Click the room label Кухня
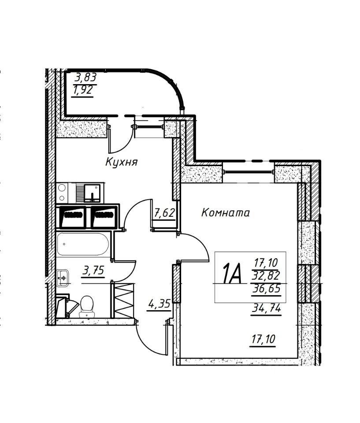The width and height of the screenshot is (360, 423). [122, 162]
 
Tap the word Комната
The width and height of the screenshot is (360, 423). [225, 213]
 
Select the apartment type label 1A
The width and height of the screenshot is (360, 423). [231, 273]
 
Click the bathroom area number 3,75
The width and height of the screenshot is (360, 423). [93, 270]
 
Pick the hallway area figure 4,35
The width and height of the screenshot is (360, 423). [160, 304]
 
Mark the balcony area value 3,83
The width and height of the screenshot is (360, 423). [85, 78]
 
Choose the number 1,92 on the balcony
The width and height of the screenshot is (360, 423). [83, 90]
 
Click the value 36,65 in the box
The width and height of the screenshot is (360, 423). [266, 289]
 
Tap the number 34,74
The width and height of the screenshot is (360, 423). [266, 308]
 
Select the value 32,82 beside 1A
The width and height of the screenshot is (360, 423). [266, 275]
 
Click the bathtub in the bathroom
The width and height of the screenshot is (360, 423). [83, 244]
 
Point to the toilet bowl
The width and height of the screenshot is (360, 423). [87, 306]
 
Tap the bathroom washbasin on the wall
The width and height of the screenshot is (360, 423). [63, 278]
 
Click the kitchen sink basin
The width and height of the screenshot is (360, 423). [92, 193]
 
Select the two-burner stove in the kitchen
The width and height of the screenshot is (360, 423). [62, 193]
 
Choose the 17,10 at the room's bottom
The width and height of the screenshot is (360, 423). [263, 339]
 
